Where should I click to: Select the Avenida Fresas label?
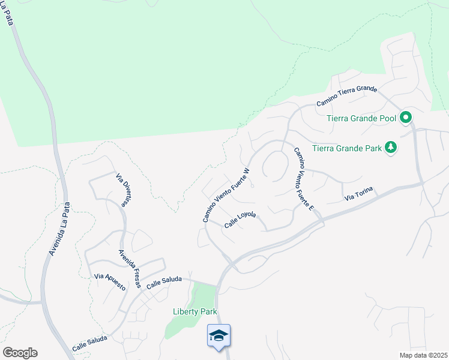click(x=128, y=268)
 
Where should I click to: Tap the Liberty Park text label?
click(x=194, y=311)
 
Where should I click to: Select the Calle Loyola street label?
click(x=240, y=220)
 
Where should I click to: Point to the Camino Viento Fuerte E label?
click(x=304, y=179)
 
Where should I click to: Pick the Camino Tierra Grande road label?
click(x=346, y=96)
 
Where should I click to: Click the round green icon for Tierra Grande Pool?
click(x=406, y=118)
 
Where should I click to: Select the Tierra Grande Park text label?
click(x=348, y=147)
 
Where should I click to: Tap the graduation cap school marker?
click(x=218, y=336)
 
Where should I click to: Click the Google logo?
click(x=20, y=353)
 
